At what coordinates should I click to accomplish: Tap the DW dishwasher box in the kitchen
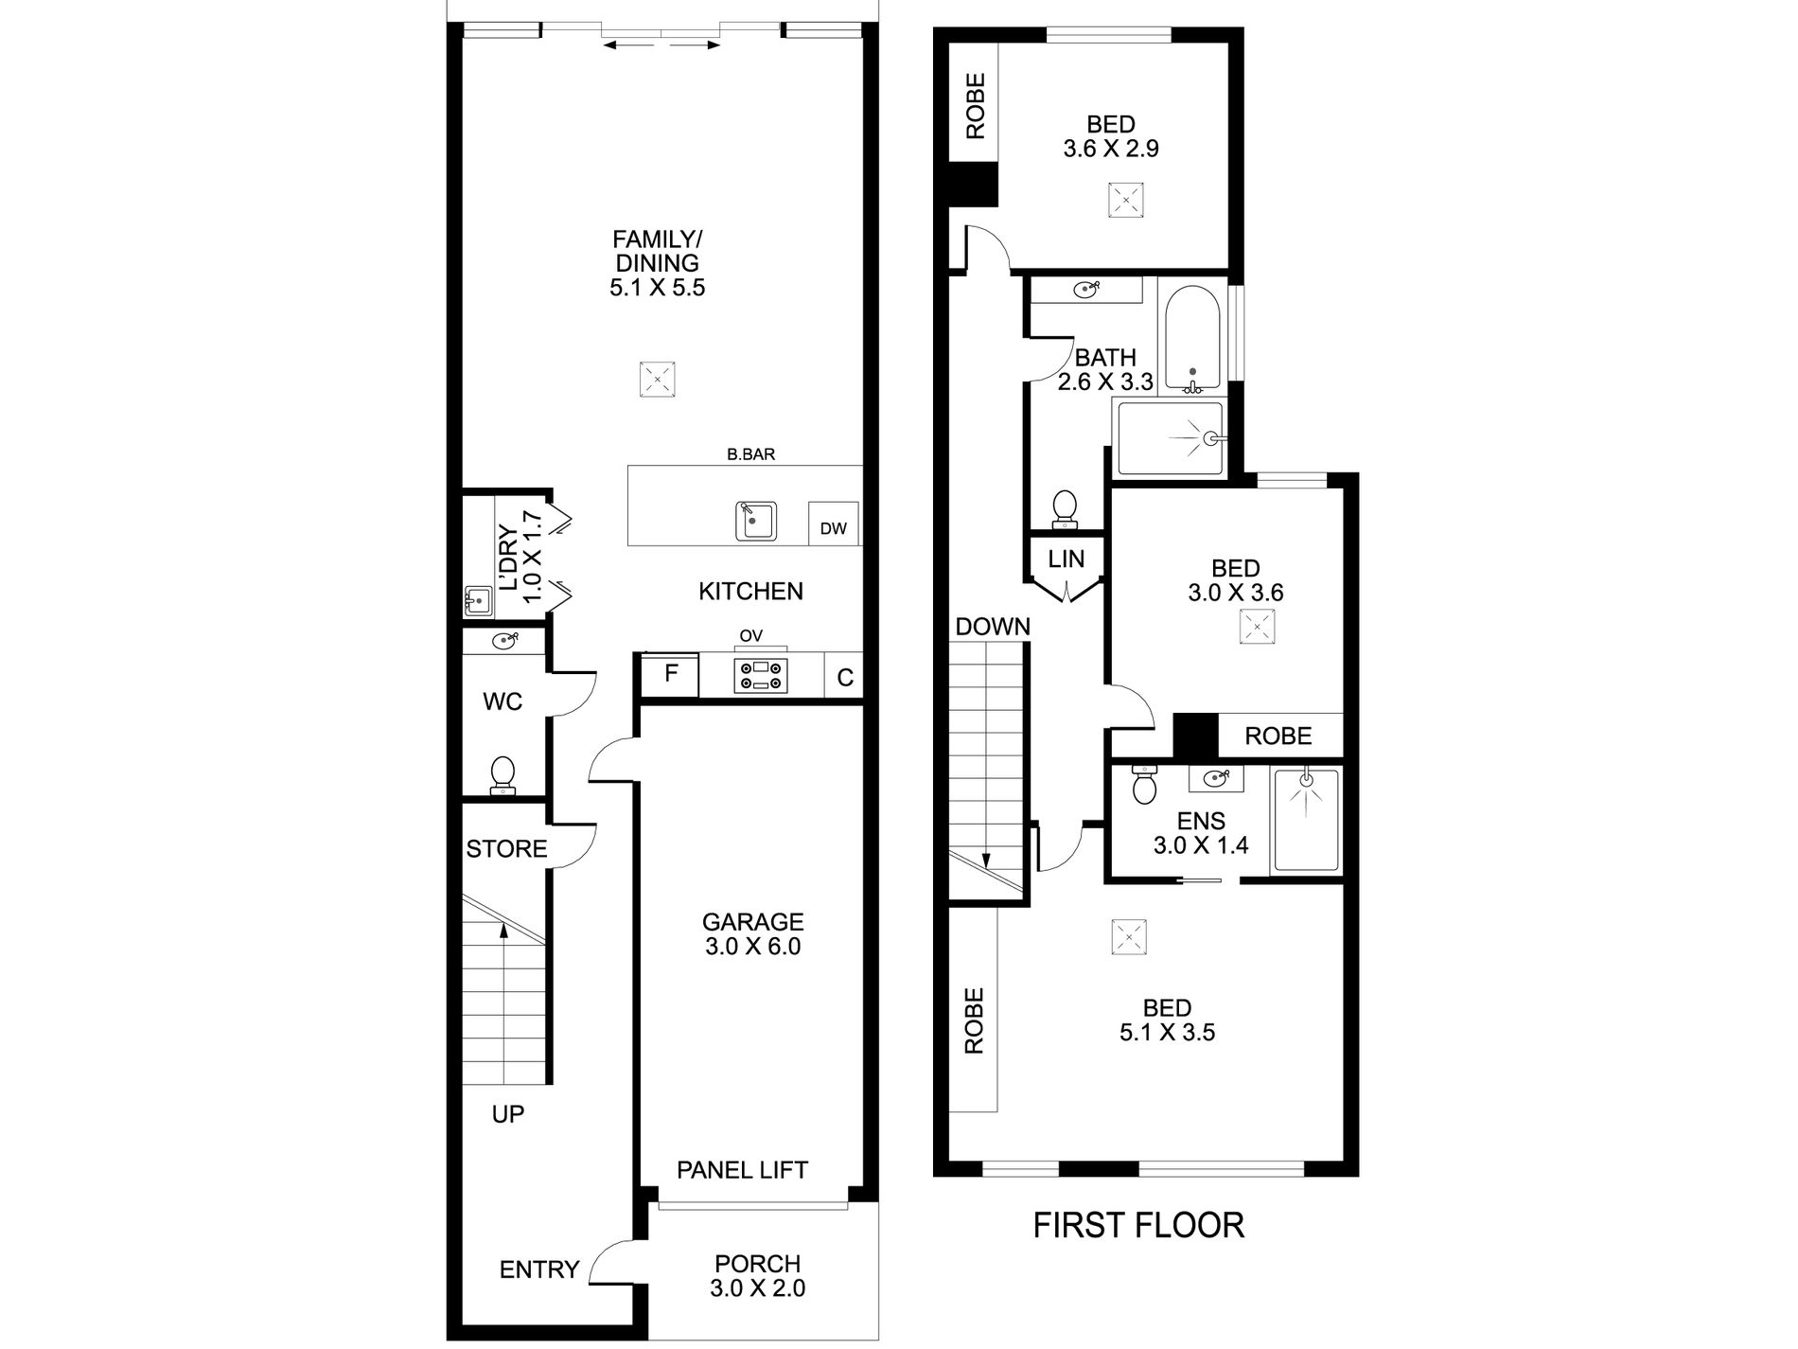833,524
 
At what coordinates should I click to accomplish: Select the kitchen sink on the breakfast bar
756,521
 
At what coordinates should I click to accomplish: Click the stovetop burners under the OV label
763,675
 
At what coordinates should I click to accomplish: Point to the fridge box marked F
670,675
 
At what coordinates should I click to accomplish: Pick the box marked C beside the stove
845,677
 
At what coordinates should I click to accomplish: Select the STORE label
506,848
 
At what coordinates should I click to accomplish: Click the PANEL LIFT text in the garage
742,1170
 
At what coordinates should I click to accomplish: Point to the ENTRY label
539,1269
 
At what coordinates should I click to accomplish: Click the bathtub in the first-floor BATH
1194,339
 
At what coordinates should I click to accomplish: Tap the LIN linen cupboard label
1066,559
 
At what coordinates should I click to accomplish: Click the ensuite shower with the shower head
1306,820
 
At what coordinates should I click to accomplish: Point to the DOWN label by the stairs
993,627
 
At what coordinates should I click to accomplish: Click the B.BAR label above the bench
750,454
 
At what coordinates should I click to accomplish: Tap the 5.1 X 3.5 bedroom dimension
1167,1032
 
